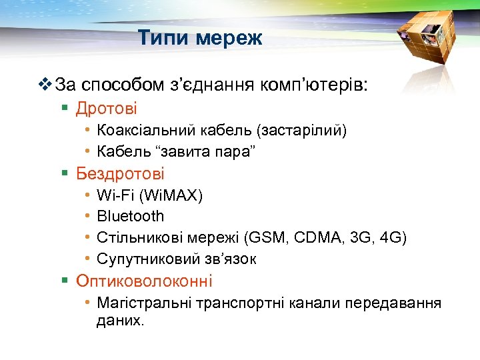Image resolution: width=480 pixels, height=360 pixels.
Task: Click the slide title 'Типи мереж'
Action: pos(201,39)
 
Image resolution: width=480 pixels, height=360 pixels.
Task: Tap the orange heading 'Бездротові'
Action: pos(120,174)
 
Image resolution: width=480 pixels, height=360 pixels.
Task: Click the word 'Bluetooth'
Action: pos(130,217)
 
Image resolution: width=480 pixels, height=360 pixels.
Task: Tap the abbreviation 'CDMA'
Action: pos(316,238)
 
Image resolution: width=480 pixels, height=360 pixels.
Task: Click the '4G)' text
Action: pos(393,238)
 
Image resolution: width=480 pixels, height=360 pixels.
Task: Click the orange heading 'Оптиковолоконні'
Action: pos(144,281)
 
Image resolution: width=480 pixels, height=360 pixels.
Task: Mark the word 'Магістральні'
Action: pos(145,304)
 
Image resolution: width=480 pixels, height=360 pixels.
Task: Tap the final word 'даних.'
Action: pos(120,320)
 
